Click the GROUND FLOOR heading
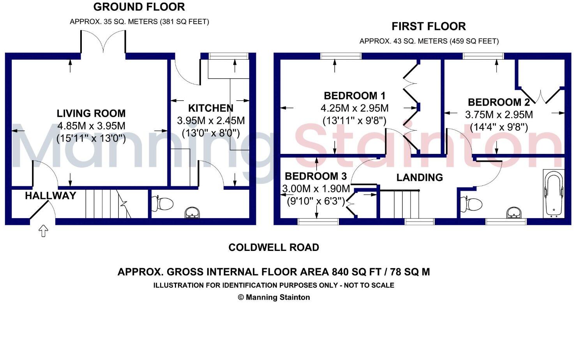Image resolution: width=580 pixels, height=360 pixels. pos(139,7)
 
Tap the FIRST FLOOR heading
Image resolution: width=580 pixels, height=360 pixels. pos(428,26)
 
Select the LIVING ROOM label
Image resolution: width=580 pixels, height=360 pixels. pos(91,113)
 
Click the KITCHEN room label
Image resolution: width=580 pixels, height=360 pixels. pos(211,108)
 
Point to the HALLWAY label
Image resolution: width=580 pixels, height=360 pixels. pos(50,196)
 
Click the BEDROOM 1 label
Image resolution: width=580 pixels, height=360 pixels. pos(354,96)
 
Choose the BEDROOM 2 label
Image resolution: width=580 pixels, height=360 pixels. pos(499,102)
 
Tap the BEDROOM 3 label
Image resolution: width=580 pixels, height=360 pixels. pos(316,176)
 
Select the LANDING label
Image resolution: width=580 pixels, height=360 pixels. pos(420,178)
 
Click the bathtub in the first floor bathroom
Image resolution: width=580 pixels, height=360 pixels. pos(553,194)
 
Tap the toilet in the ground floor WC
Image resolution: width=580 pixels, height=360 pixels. pos(163,203)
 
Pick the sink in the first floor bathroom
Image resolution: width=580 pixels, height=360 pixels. pos(515,213)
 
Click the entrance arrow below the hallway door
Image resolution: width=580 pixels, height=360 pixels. pos(43,231)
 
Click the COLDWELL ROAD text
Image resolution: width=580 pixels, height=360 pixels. pos(273,247)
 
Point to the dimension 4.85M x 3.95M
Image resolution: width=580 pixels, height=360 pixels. pos(91,126)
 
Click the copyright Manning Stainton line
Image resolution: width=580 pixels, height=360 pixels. pos(273,297)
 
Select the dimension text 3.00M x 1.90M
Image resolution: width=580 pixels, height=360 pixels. pos(316,189)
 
